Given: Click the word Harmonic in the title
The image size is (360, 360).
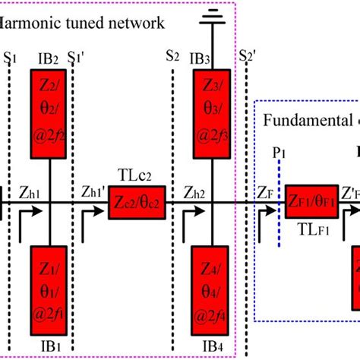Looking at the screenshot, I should click(x=30, y=23).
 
